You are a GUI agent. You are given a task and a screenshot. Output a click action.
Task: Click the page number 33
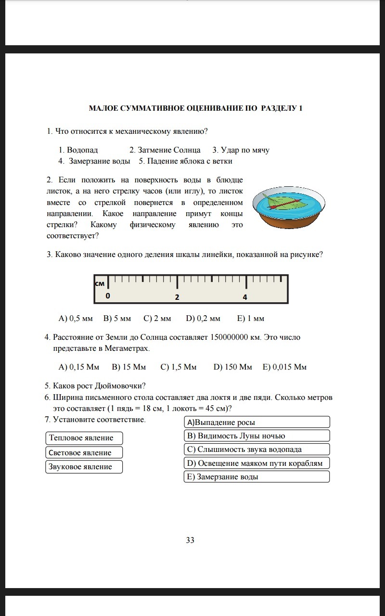190,540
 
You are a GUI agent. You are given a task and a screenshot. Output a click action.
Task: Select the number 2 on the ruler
177,297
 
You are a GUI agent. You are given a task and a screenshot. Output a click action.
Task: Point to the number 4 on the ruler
245,297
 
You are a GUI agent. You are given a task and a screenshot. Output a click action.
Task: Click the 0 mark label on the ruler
108,296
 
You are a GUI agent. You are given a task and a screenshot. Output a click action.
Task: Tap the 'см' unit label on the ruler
100,283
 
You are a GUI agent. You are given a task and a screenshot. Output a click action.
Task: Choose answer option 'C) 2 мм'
157,318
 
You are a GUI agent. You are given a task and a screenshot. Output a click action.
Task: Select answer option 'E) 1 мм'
251,318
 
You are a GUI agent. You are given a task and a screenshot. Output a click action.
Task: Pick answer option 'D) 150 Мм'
232,367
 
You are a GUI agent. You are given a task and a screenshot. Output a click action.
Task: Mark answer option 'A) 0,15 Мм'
78,367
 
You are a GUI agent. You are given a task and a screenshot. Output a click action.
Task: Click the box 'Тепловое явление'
84,438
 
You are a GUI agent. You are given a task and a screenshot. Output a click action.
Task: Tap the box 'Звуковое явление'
84,467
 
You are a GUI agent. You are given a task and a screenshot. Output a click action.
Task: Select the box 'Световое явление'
84,452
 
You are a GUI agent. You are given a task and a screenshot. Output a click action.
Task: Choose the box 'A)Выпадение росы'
257,422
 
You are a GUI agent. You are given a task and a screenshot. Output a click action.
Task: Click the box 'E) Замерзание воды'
257,476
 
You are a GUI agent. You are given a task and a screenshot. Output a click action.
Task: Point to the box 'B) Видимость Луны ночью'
257,436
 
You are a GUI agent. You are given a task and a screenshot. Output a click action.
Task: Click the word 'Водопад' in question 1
82,150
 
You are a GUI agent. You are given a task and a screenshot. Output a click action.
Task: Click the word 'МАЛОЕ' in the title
103,108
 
